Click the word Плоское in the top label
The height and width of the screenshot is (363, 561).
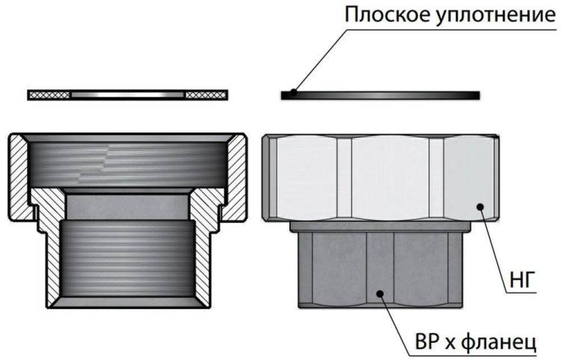[387, 15]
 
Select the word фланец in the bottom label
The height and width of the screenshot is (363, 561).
[498, 342]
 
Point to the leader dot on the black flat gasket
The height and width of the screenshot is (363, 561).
[293, 92]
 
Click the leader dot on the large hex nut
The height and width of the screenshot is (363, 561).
[480, 207]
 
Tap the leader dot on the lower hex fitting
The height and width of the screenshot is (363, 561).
[380, 293]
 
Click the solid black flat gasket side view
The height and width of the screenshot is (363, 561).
[380, 95]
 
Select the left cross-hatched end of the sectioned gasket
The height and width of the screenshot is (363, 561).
[49, 95]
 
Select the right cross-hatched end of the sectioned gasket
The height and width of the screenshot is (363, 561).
[206, 95]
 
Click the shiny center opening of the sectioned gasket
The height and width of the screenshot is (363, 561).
[128, 95]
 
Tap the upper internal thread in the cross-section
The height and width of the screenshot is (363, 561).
[127, 164]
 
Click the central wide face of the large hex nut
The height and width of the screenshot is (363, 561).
[390, 178]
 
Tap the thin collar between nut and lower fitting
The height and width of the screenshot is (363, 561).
[380, 227]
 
